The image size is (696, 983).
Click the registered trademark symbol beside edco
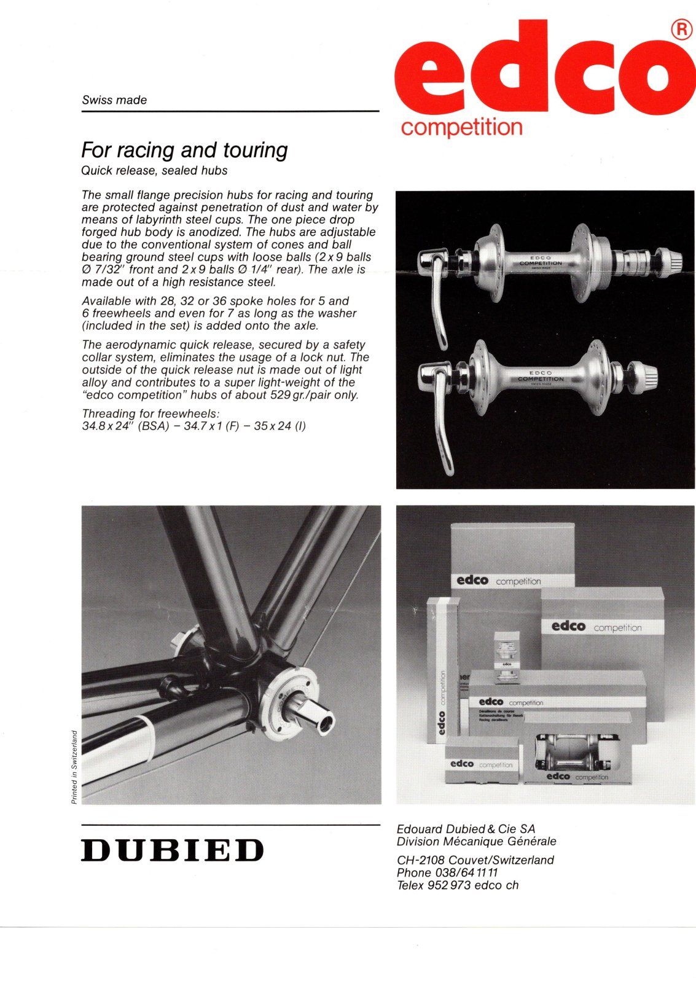[x=679, y=30]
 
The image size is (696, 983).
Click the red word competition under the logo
[x=461, y=127]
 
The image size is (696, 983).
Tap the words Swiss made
[x=114, y=100]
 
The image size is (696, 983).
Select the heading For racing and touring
[x=184, y=151]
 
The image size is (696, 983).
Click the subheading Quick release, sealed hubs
[x=154, y=170]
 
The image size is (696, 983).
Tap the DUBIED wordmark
[x=173, y=850]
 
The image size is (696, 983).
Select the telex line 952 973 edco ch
[x=457, y=885]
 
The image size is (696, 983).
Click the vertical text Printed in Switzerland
[x=74, y=767]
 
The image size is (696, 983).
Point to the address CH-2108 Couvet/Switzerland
[x=475, y=860]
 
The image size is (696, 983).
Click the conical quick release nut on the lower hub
[x=643, y=372]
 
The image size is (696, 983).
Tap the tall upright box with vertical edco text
[x=442, y=670]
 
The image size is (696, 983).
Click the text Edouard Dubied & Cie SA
[x=466, y=829]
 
